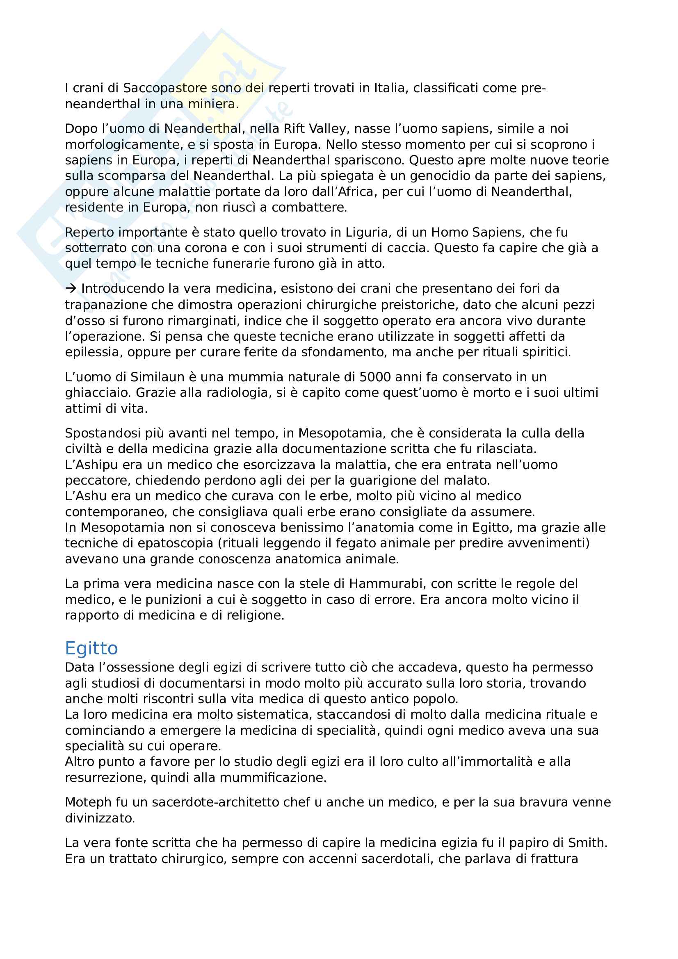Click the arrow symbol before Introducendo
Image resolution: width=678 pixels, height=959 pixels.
[x=71, y=289]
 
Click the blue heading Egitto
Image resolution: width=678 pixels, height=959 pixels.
[x=91, y=648]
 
